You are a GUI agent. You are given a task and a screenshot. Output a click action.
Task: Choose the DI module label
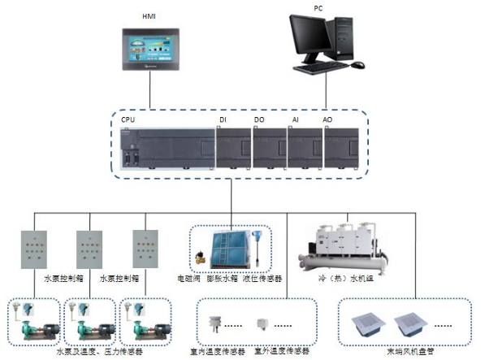(x=223, y=120)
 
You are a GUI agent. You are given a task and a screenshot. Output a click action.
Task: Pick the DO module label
(x=258, y=120)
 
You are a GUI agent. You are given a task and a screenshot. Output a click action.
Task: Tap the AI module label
(x=296, y=120)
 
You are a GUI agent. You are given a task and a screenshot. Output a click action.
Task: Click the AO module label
(x=327, y=120)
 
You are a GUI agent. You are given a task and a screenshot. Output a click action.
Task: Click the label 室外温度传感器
(x=281, y=352)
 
